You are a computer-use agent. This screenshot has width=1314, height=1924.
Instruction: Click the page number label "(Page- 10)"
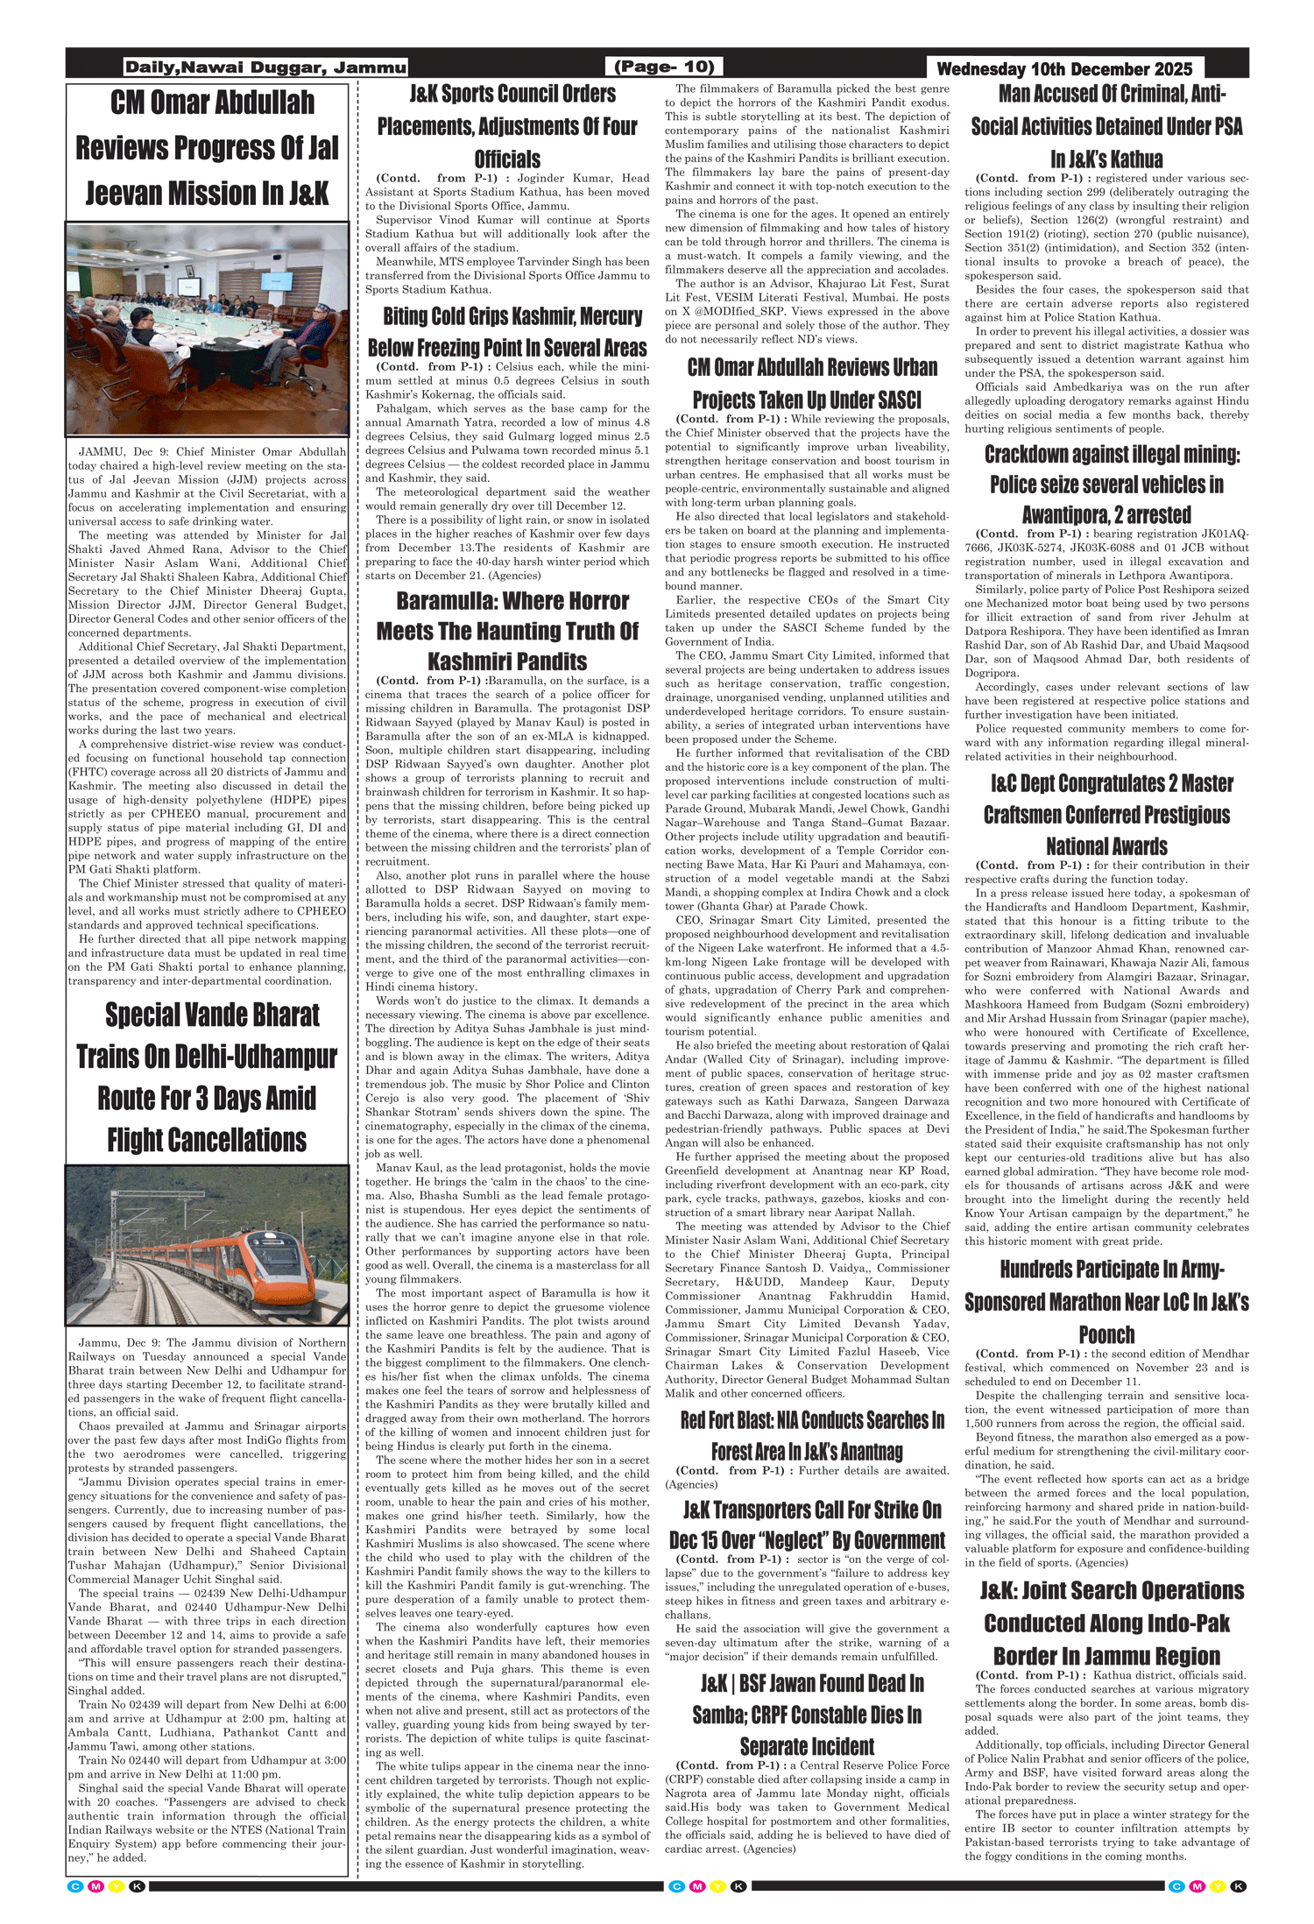coord(664,67)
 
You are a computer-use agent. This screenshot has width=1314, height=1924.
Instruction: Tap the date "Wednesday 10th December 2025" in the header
coord(1064,69)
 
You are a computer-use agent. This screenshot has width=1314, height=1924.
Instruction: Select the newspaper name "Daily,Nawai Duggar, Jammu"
coord(265,67)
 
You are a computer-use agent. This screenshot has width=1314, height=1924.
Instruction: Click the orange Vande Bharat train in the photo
coord(254,1248)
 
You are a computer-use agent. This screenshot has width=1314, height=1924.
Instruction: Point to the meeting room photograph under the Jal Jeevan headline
coord(207,329)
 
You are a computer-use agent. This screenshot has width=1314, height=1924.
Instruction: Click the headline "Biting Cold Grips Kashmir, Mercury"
coord(512,316)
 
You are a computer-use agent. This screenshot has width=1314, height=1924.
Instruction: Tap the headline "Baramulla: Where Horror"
coord(512,601)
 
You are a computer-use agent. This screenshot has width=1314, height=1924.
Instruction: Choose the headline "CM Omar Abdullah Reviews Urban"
coord(812,367)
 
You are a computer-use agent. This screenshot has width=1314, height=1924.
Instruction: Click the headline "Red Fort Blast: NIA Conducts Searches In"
coord(812,1420)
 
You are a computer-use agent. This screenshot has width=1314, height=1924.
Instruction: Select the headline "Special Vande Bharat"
coord(212,1015)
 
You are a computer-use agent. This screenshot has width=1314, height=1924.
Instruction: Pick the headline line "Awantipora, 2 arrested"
coord(1106,514)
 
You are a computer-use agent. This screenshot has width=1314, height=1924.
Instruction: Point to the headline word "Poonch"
coord(1106,1334)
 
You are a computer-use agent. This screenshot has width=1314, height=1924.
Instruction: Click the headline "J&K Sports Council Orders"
coord(512,94)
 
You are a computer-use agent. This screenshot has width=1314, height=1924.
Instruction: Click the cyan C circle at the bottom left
coord(75,1886)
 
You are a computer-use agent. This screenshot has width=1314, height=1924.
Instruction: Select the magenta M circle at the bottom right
coord(1197,1886)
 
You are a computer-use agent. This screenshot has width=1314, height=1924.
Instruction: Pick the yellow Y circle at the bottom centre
coord(718,1886)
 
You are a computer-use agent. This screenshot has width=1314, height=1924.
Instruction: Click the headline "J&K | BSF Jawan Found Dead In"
coord(812,1683)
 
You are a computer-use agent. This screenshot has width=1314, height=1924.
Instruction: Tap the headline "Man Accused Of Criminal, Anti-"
coord(1112,94)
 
